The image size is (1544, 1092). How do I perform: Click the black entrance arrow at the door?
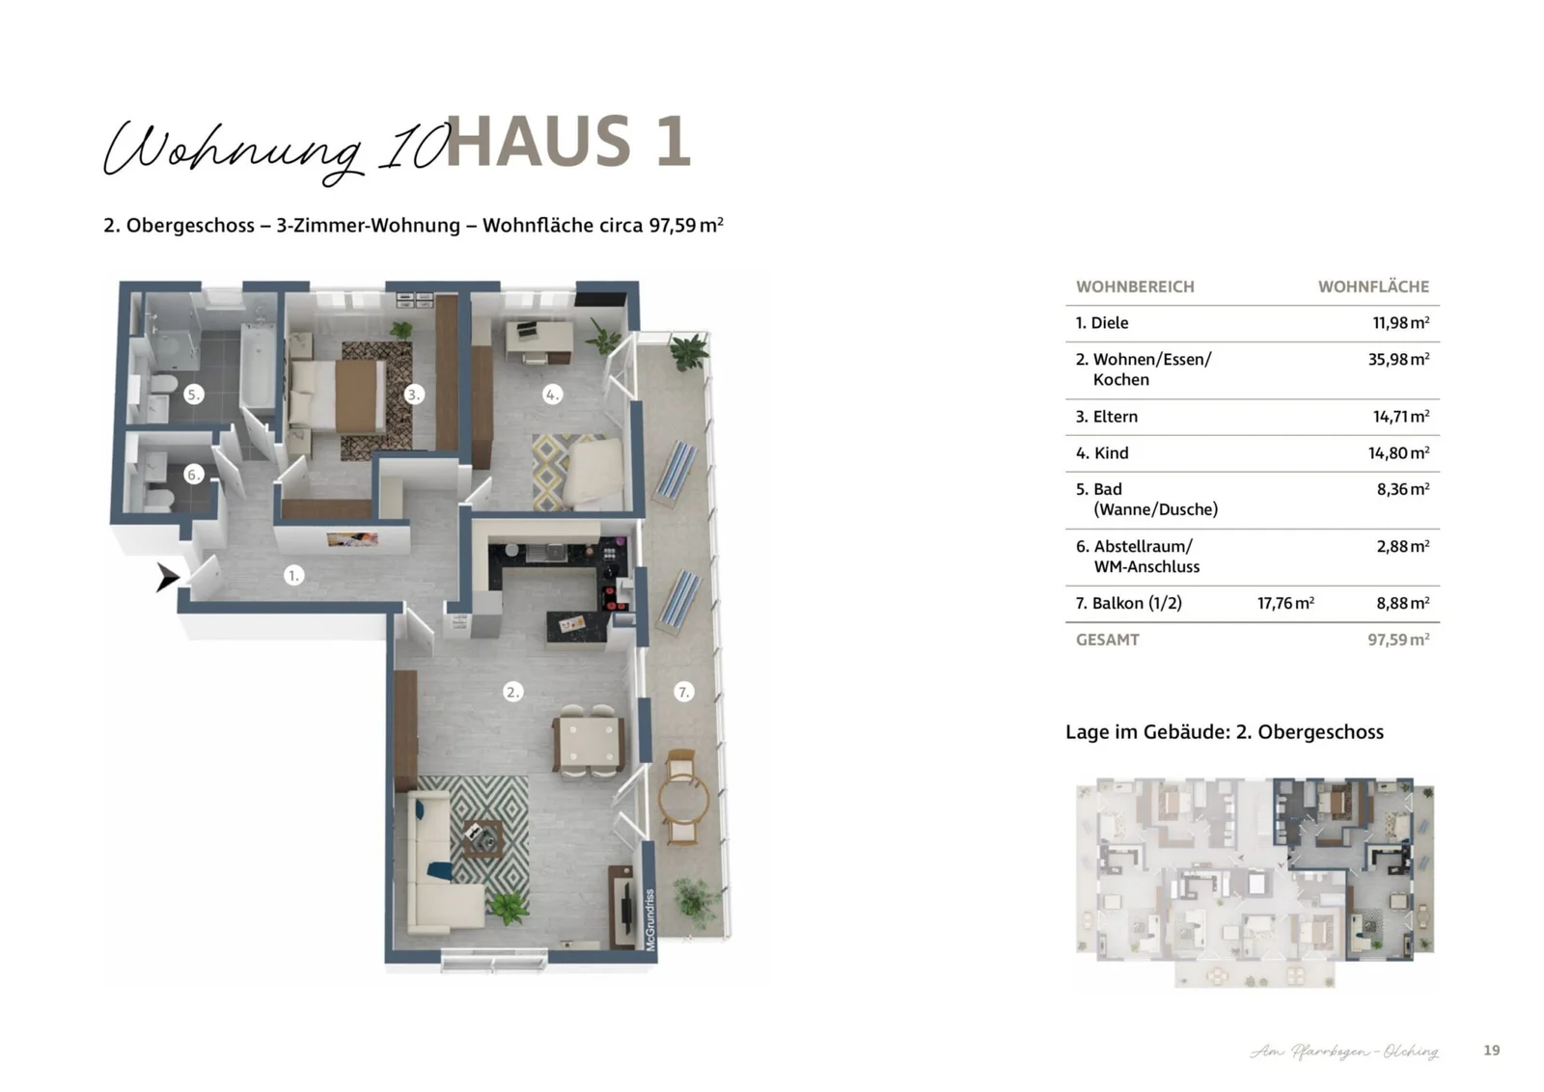point(168,578)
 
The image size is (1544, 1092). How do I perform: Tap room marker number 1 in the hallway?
point(293,576)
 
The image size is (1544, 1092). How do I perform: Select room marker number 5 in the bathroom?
point(193,394)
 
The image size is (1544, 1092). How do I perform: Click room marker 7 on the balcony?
point(683,692)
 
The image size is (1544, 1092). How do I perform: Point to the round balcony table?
point(683,798)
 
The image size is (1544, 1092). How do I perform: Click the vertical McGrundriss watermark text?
point(650,919)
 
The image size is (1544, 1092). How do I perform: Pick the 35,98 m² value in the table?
point(1398,359)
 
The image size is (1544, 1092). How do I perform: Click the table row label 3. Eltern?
point(1107,417)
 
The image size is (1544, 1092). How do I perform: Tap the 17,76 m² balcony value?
point(1285,603)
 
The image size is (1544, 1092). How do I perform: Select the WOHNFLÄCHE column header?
point(1373,287)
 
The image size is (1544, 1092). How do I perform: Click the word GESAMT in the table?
point(1108,640)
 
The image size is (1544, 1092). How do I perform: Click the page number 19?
point(1491,1051)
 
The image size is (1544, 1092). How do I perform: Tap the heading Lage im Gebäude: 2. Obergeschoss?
point(1224,732)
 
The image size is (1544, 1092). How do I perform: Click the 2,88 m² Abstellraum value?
point(1402,546)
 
